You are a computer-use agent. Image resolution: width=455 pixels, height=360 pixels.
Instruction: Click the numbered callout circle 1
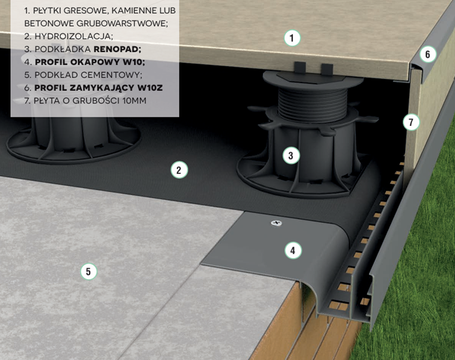coord(292,38)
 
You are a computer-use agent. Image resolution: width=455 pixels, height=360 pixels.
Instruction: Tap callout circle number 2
coord(179,170)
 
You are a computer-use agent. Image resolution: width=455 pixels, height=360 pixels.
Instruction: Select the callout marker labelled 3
coord(291,155)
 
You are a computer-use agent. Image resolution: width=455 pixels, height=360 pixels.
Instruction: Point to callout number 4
coord(293,250)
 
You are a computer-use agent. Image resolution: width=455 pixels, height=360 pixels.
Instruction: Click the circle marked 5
coord(88,272)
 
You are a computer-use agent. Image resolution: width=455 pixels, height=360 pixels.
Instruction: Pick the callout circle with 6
coord(427,54)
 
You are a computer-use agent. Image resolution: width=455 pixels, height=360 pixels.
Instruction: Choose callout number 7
coord(411,122)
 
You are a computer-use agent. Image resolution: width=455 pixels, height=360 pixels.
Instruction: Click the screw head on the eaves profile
coord(276,223)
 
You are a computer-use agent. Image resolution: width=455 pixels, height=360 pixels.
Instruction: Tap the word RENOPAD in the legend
coord(117,49)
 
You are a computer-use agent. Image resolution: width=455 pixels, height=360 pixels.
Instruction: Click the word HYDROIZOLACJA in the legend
coord(73,36)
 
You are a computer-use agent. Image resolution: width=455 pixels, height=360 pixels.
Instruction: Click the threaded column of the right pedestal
coord(313,105)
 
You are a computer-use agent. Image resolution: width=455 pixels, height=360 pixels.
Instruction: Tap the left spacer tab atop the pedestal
coord(300,68)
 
